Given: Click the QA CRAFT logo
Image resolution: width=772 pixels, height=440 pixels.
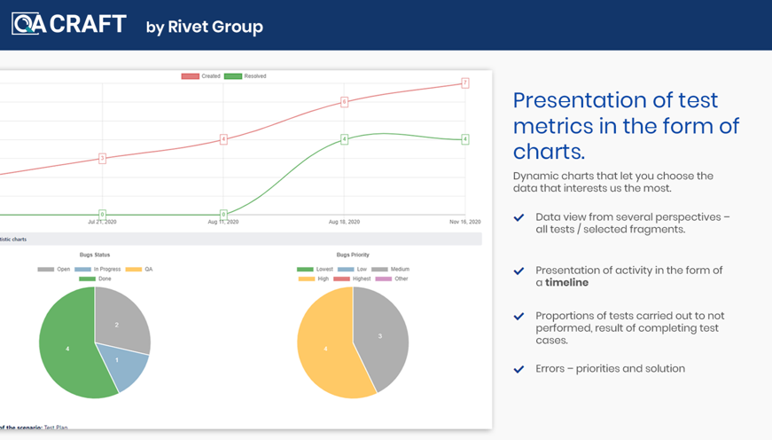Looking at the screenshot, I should tap(68, 24).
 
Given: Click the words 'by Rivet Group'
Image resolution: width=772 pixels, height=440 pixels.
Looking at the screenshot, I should tap(204, 27).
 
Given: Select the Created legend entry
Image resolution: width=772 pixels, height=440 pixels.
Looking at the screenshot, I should tap(201, 76).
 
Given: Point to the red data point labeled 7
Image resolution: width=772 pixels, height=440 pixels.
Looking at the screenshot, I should tap(464, 83).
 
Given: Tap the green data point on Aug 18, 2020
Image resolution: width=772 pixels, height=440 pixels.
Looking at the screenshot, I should tap(345, 139).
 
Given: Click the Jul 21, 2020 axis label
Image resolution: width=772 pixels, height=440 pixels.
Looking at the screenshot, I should tap(103, 222).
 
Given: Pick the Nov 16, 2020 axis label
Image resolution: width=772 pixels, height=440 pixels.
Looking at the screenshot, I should tap(464, 222).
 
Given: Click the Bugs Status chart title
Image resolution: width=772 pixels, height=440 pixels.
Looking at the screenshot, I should tap(95, 255).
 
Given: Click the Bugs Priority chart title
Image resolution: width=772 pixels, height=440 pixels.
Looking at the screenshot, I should tap(353, 255).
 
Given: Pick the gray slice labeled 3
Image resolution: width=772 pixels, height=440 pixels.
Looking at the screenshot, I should tap(380, 336).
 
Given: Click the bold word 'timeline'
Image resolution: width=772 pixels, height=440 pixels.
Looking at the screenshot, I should tap(566, 283).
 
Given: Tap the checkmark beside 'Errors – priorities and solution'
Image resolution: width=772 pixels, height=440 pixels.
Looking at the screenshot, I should tap(519, 369).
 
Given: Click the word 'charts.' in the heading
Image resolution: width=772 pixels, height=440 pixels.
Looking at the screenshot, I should tap(549, 150).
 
